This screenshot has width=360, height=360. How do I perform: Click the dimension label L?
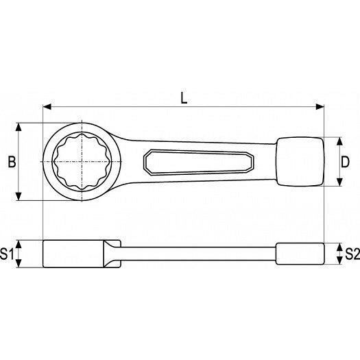point(184,98)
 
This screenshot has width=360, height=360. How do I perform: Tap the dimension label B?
point(12,162)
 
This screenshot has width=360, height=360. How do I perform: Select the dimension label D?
point(345,162)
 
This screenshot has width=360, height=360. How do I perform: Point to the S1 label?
point(7,254)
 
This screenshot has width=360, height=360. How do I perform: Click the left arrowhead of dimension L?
point(47,107)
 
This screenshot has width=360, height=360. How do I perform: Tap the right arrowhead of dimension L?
point(320,107)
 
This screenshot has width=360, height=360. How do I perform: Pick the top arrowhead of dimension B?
point(19,127)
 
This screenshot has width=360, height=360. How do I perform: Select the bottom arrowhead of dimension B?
point(19,196)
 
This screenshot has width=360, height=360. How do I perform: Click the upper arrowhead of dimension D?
point(339,141)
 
